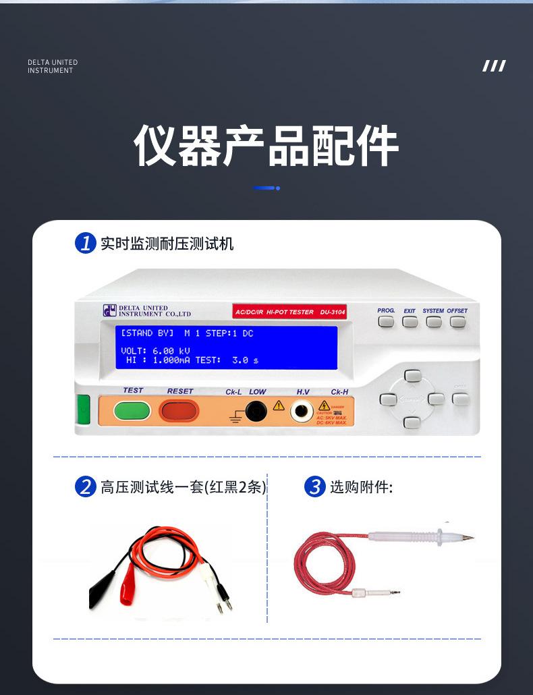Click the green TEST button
pos(132,410)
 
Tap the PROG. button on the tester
pos(386,322)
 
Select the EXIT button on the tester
pos(410,322)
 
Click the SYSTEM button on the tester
pos(434,322)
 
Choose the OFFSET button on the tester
pos(457,322)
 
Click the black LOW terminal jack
pos(255,410)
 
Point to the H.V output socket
pos(302,410)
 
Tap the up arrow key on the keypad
pos(412,377)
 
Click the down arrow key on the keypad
pos(412,422)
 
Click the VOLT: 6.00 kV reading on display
pos(155,351)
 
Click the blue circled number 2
pos(85,486)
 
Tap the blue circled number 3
pos(314,486)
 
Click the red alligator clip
pos(127,592)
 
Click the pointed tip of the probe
pos(470,538)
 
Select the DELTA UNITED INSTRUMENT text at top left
pos(53,66)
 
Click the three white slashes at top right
pos(494,66)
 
